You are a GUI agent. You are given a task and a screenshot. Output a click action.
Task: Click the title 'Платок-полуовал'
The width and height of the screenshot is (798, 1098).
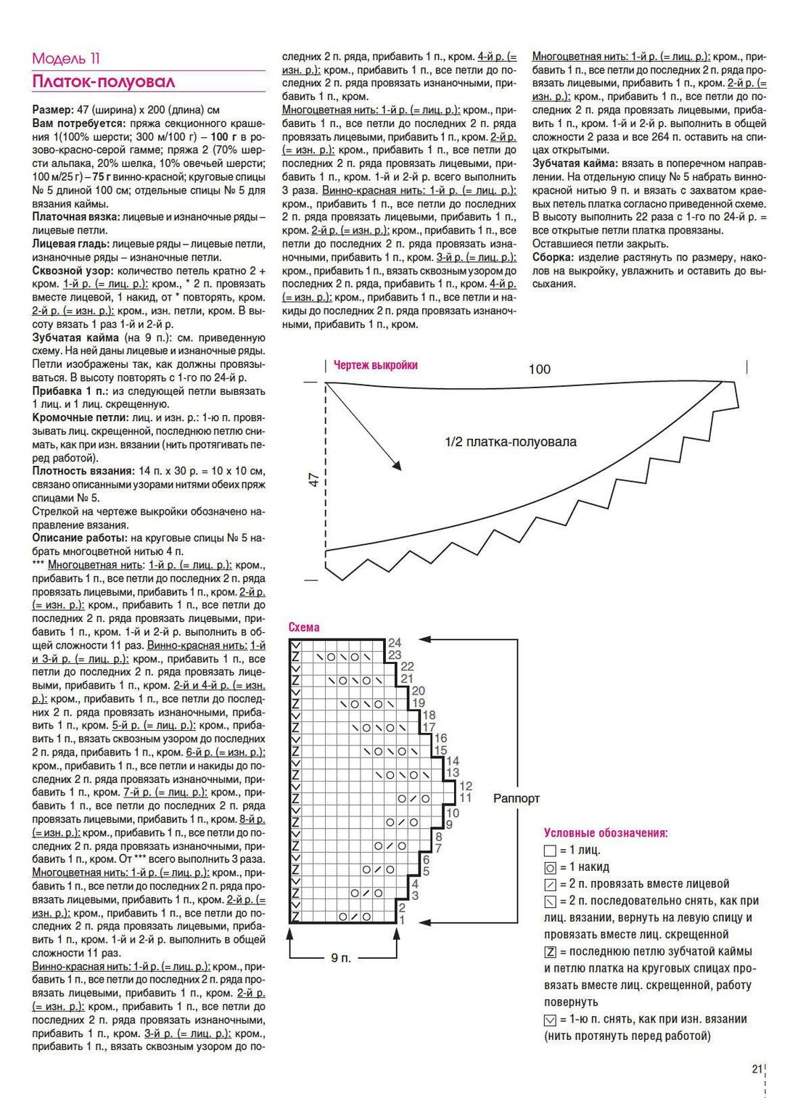103,81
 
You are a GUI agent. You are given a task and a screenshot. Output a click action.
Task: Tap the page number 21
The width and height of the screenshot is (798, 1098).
757,1068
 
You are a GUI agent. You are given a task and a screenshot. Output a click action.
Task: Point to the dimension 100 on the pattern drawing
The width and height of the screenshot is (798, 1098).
539,369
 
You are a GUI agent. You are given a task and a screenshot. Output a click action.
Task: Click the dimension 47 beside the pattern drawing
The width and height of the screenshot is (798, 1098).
314,480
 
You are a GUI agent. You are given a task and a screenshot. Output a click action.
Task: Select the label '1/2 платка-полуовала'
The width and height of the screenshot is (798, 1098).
511,442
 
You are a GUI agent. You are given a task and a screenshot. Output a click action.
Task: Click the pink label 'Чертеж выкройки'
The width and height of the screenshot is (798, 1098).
375,365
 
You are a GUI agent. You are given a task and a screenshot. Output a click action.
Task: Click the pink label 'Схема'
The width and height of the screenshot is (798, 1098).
304,627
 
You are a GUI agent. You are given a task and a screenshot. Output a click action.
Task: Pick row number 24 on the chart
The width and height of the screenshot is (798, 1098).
394,643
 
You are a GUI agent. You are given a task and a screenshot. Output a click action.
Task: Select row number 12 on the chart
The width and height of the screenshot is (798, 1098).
465,786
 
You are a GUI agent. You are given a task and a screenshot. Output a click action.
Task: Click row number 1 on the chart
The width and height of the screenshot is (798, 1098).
401,920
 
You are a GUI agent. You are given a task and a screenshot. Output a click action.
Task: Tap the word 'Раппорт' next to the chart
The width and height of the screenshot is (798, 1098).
517,798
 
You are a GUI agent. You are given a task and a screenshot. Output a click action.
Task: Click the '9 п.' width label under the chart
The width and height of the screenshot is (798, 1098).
340,958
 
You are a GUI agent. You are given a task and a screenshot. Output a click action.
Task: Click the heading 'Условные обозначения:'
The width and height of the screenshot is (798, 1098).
606,832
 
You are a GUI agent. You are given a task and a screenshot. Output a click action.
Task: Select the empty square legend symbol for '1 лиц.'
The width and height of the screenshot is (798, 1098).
550,851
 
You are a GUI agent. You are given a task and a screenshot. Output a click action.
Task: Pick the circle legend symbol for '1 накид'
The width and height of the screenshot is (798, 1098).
550,867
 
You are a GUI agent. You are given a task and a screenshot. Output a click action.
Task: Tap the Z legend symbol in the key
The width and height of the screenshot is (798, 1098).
550,951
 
